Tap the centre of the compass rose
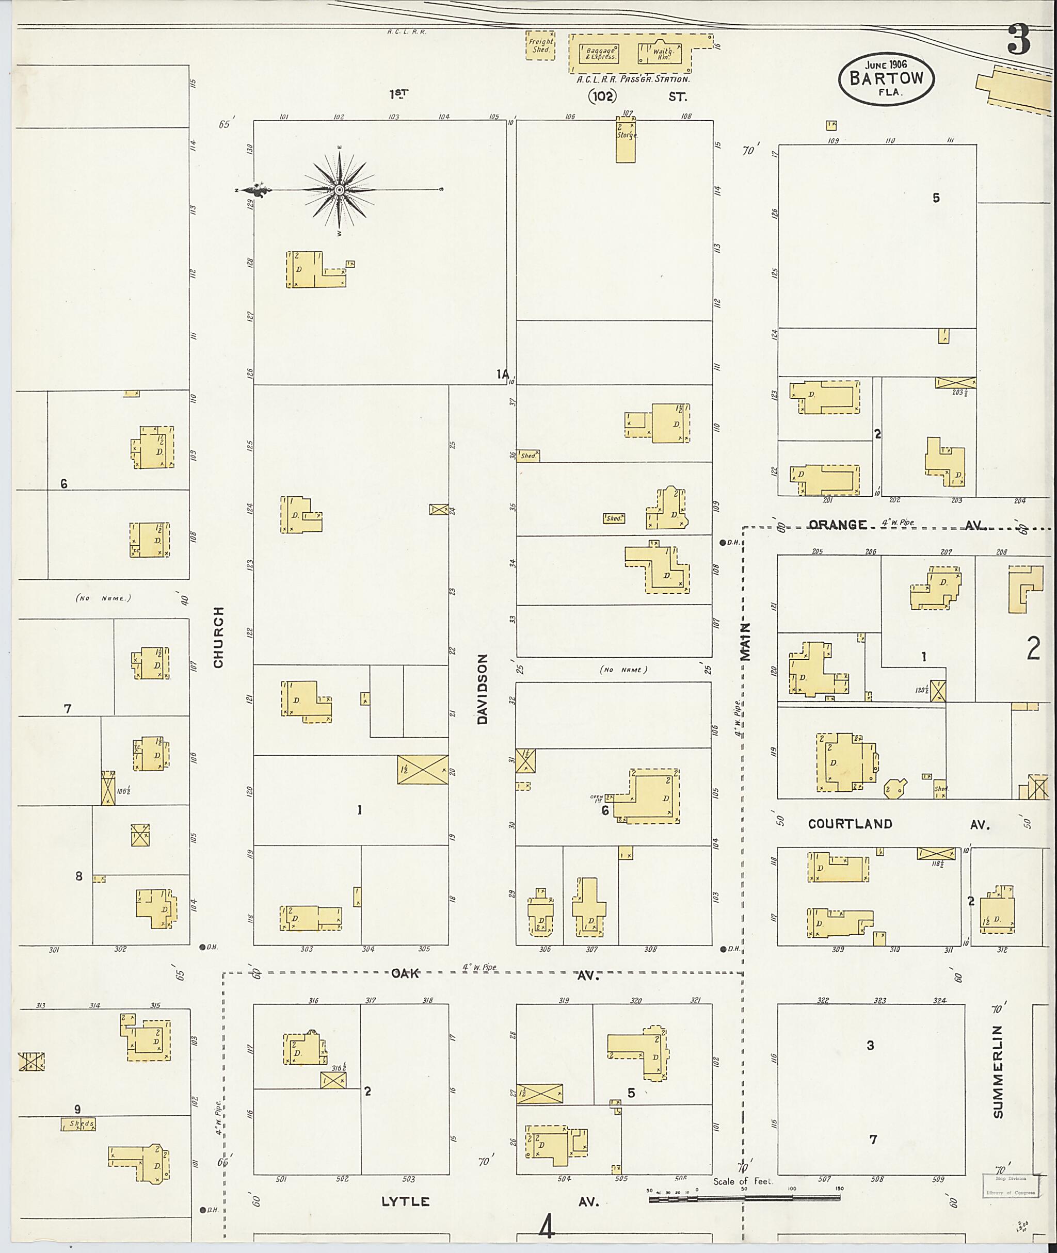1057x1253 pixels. [x=339, y=190]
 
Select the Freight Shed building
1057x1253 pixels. [x=540, y=46]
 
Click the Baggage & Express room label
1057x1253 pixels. [x=599, y=54]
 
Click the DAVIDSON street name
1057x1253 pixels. [x=483, y=689]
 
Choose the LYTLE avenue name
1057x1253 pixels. [x=406, y=1201]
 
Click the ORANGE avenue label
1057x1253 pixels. [x=837, y=525]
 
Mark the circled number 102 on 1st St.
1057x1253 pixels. [x=602, y=96]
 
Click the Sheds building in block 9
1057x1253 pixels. [x=78, y=1124]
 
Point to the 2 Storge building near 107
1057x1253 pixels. [x=626, y=140]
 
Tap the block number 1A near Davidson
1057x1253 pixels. [x=502, y=375]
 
